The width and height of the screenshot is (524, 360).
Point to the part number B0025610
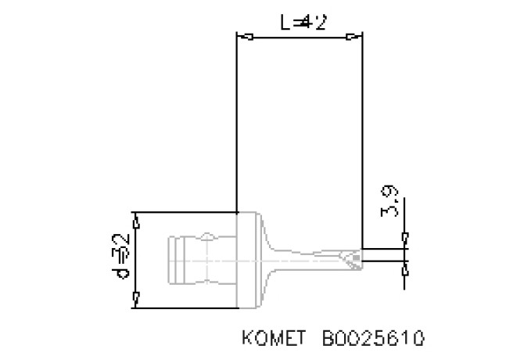pos(373,339)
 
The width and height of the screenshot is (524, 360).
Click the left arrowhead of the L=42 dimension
pos(243,37)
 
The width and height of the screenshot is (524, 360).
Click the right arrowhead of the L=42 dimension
pos(357,37)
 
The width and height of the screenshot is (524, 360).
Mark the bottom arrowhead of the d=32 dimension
pos(138,298)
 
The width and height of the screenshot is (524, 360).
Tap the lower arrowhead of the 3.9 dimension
pos(405,269)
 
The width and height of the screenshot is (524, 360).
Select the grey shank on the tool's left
pos(199,259)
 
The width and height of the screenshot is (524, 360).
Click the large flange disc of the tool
pos(246,259)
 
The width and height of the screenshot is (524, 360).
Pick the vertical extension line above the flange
pos(236,125)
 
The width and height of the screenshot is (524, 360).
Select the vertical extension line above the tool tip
pos(362,141)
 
